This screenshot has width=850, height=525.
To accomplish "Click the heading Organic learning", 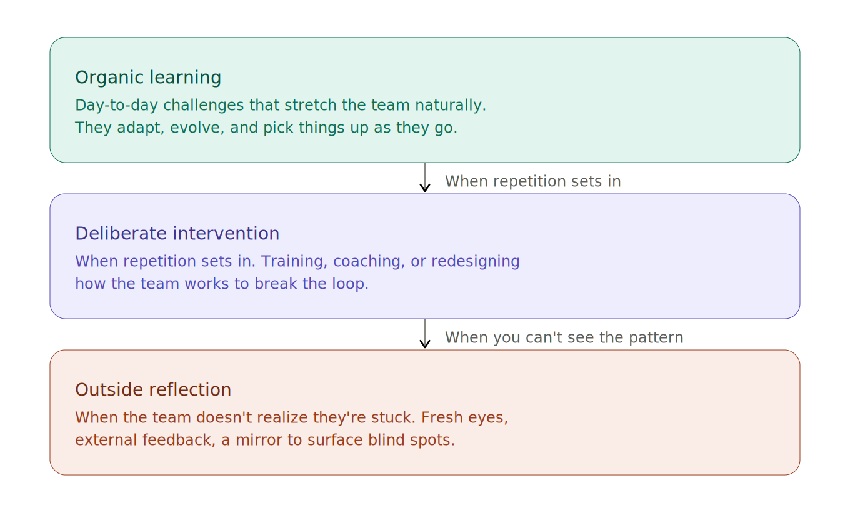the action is pos(148,77).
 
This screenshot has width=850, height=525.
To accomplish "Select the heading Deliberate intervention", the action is pos(177,234).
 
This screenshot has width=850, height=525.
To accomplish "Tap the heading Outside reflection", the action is pos(153,390).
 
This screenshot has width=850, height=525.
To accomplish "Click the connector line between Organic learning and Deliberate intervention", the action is pos(425,176).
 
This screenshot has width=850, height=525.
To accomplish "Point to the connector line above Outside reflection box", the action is pos(425,332).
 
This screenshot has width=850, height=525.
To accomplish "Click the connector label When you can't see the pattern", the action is pos(564,338).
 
